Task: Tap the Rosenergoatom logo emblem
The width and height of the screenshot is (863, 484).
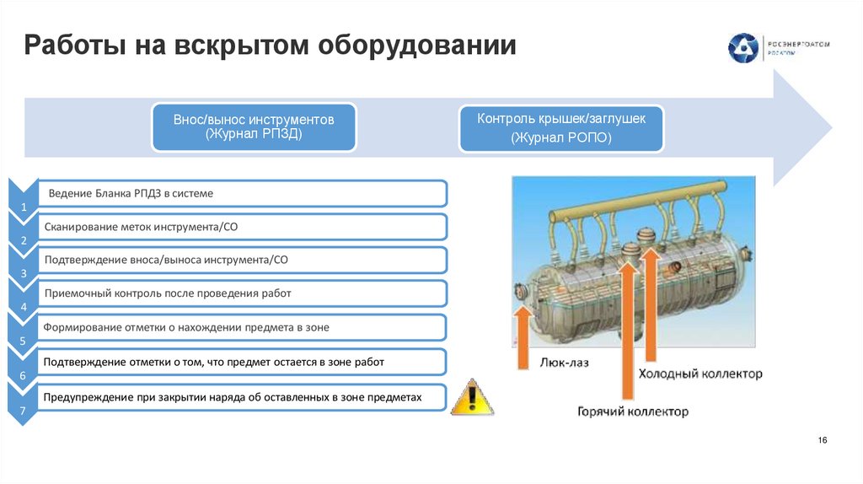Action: pos(743,47)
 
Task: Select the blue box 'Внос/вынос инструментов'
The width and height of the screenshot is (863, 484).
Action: pos(254,126)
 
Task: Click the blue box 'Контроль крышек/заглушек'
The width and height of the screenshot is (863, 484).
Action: pos(561,127)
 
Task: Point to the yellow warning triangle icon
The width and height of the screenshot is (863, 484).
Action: pos(472,397)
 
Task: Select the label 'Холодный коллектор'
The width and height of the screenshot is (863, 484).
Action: pos(700,373)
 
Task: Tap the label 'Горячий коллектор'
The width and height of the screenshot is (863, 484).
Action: pos(632,411)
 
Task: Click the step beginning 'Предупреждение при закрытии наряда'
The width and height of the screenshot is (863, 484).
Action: pos(232,395)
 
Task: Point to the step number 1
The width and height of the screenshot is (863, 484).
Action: pos(24,207)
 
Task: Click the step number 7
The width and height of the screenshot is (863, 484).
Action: pos(24,410)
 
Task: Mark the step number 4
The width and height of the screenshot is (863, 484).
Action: pos(24,308)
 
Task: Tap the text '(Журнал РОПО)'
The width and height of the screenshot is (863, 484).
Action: pos(561,138)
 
